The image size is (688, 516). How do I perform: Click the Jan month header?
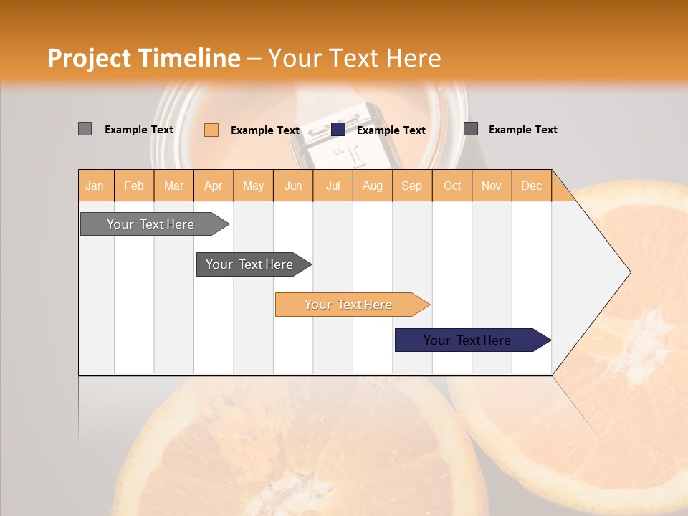tap(95, 186)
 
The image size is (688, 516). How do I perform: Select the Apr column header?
tap(214, 186)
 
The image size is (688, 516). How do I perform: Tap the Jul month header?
tap(333, 186)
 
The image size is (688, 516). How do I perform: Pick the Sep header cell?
tap(411, 186)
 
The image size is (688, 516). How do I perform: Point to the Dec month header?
tap(531, 186)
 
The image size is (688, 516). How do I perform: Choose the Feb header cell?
tap(134, 186)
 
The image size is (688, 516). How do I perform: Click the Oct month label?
tap(452, 186)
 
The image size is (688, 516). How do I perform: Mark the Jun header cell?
tap(293, 186)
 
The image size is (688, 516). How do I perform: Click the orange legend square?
tap(211, 130)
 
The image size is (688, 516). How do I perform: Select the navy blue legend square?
tap(338, 130)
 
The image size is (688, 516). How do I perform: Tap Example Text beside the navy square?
tap(391, 130)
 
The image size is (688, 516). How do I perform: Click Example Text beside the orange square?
tap(264, 130)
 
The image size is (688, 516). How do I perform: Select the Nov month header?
tap(491, 186)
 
